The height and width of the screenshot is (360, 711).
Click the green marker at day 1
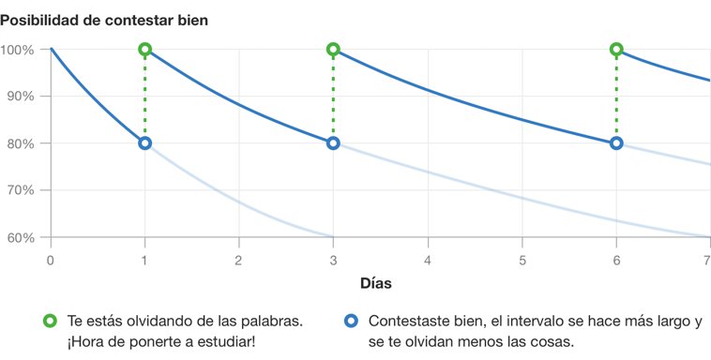tap(144, 49)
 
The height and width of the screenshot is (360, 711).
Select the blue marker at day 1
tap(144, 143)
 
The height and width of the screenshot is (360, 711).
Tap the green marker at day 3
tap(333, 49)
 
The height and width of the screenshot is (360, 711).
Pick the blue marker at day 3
tap(333, 143)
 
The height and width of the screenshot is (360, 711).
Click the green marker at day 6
tap(616, 49)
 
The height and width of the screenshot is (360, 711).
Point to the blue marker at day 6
tap(616, 143)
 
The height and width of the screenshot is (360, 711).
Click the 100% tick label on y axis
tap(18, 50)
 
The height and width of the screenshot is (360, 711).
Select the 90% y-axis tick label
tap(21, 97)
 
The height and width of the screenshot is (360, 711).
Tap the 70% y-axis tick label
tap(21, 190)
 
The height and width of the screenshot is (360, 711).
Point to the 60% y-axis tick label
tap(21, 237)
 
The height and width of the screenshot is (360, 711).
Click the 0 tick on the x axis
tap(50, 258)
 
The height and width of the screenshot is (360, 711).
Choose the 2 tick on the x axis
tap(238, 258)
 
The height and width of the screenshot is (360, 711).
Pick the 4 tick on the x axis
tap(428, 258)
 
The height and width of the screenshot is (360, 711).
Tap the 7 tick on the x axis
tap(707, 258)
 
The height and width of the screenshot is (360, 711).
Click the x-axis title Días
tap(376, 282)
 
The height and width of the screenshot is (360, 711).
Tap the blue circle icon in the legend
tap(351, 321)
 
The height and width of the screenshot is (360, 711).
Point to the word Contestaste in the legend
tap(409, 321)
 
